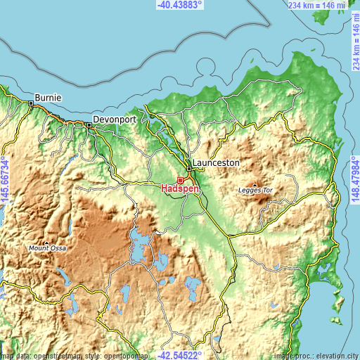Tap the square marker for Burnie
[x=32, y=103]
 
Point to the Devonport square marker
[x=89, y=125]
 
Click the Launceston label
[x=217, y=162]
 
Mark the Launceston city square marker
[x=189, y=169]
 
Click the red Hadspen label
[x=180, y=188]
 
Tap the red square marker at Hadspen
[x=180, y=180]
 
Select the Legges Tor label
[x=255, y=191]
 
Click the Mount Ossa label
[x=47, y=248]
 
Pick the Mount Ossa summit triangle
[x=47, y=243]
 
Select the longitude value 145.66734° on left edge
[x=5, y=179]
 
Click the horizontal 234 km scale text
[x=318, y=5]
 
